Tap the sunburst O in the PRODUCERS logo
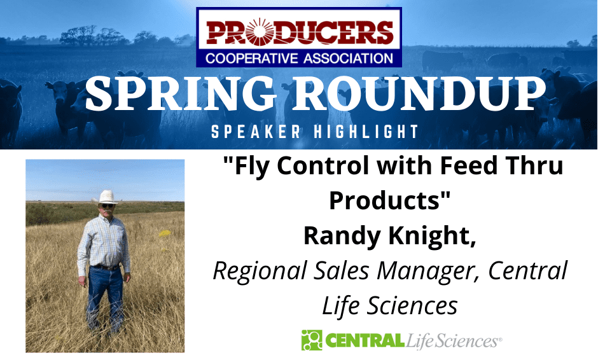point(260,32)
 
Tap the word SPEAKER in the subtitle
point(256,132)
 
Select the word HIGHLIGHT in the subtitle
point(366,132)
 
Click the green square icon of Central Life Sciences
point(312,340)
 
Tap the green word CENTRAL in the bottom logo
point(365,340)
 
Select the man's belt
point(106,267)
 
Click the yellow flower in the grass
point(165,233)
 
